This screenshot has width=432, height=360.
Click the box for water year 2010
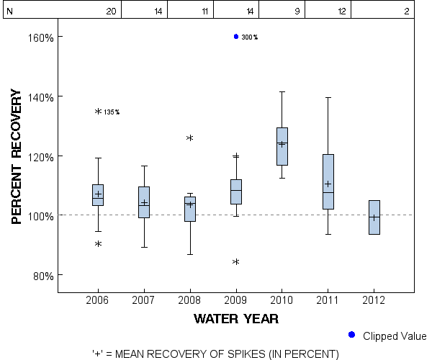(282, 146)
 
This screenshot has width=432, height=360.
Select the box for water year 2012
(374, 217)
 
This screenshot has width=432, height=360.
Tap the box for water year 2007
(144, 202)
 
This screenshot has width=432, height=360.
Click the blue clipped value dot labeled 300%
(235, 37)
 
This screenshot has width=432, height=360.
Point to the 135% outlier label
(112, 112)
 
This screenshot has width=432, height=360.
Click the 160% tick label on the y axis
(37, 37)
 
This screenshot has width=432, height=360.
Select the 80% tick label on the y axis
(40, 276)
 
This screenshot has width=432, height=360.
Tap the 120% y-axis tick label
(37, 156)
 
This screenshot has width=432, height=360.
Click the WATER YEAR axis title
(235, 318)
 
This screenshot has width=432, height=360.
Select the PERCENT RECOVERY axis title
(17, 156)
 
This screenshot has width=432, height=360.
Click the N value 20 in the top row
(111, 12)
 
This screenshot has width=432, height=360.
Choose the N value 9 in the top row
(297, 12)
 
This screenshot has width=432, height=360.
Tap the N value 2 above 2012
(407, 12)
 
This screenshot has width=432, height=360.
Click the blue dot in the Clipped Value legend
(351, 335)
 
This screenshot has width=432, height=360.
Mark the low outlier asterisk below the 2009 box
(235, 262)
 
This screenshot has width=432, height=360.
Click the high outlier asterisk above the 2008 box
(190, 138)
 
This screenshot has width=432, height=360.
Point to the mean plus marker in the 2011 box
(328, 184)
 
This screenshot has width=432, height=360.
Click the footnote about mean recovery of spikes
(215, 354)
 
